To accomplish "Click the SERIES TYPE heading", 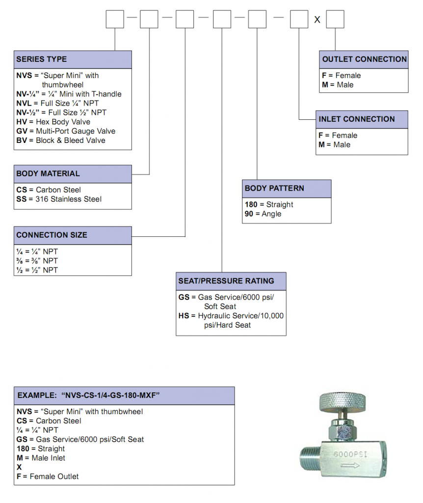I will (x=41, y=59).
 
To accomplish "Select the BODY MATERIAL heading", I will (x=48, y=173).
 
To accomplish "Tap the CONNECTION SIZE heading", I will (x=52, y=235).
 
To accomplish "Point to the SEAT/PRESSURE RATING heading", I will (x=226, y=281).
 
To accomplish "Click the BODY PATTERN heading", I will (x=274, y=188).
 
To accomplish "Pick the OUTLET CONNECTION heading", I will (x=364, y=59).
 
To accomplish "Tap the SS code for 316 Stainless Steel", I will (x=21, y=199).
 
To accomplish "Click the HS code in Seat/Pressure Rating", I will (x=184, y=316).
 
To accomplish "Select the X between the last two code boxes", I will (x=317, y=20).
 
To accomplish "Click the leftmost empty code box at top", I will (x=115, y=19).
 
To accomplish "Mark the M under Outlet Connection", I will (x=325, y=84).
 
